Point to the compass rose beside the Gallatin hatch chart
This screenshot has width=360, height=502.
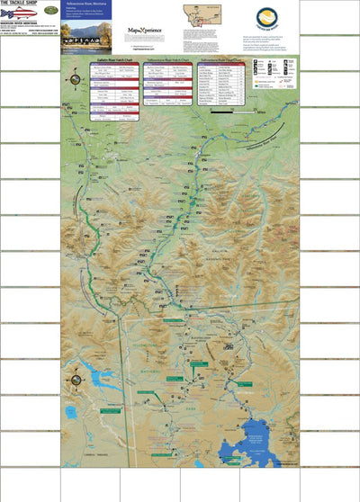[70, 79]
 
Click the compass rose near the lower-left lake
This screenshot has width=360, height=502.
[69, 378]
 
